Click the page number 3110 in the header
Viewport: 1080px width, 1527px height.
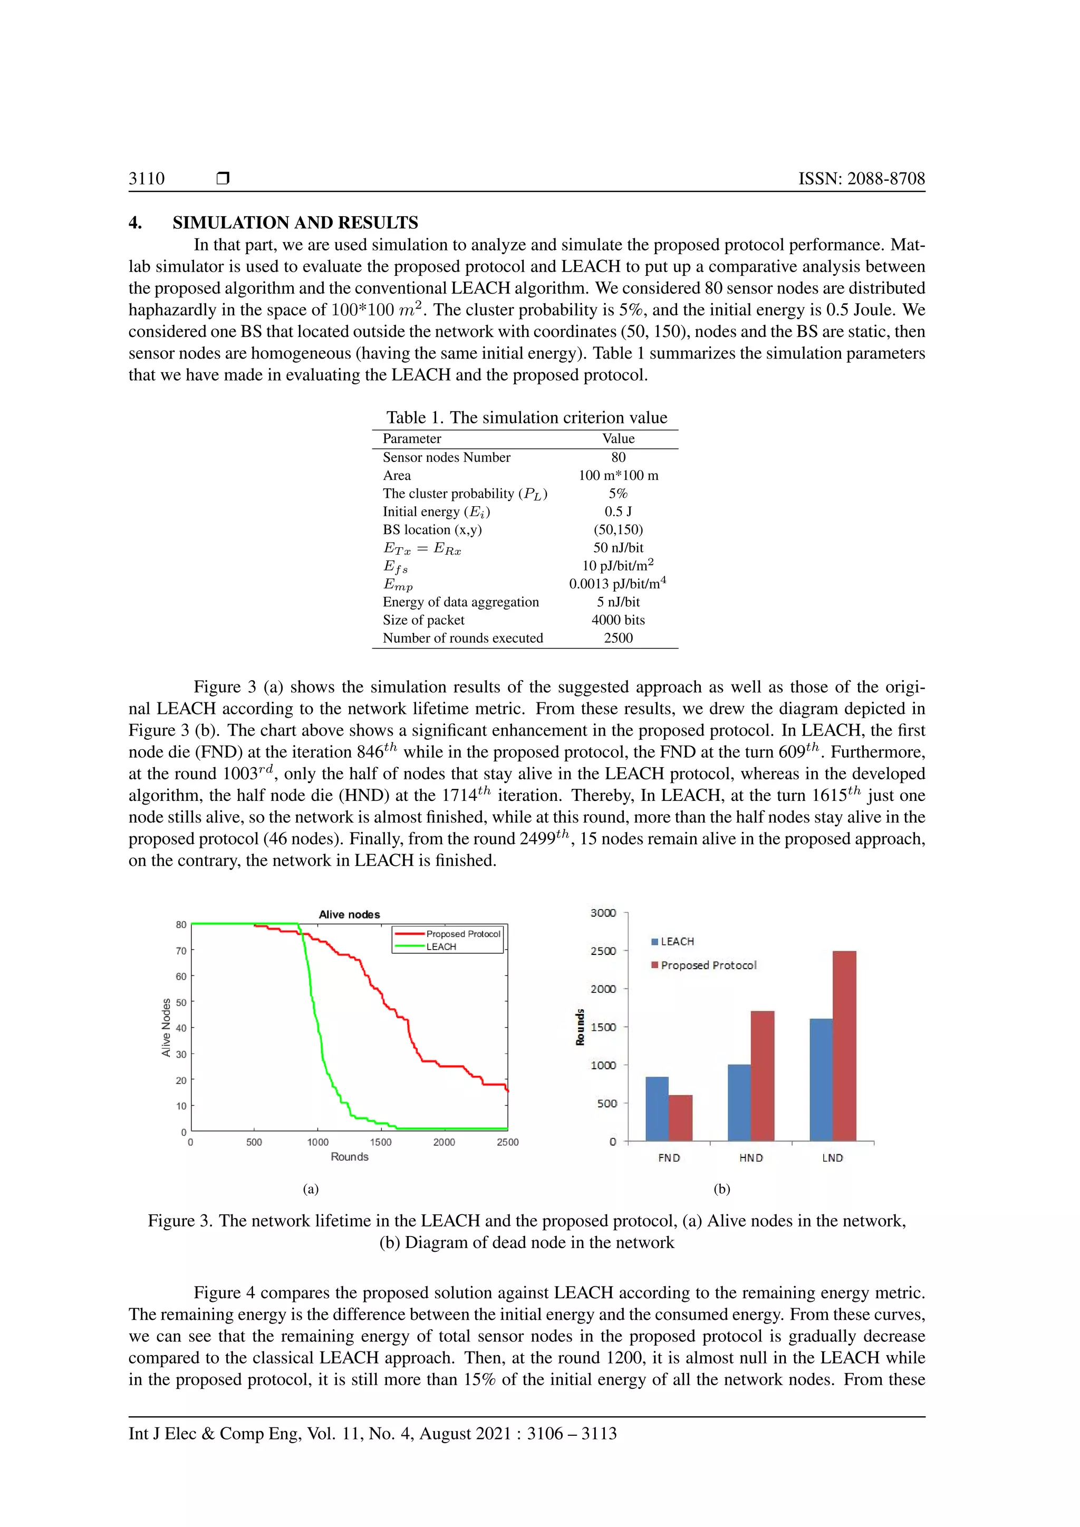pos(146,178)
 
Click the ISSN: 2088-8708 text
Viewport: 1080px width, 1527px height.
pos(861,178)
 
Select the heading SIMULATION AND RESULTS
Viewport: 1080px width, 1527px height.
pos(295,223)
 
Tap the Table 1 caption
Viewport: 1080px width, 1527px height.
pos(526,418)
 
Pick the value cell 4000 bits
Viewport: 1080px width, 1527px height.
pos(618,620)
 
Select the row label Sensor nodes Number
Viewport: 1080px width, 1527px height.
pos(446,458)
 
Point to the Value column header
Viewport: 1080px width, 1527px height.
pos(618,438)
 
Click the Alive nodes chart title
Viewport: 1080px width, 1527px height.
pos(349,914)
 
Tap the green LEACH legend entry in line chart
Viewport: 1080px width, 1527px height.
pos(441,946)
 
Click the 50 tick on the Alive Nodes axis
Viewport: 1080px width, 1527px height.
pos(181,1002)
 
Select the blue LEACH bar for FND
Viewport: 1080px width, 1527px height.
pos(657,1109)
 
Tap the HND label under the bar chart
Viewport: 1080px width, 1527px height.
pos(751,1158)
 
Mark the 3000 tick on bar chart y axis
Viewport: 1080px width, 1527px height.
pos(603,913)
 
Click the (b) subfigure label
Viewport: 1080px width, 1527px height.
pos(721,1189)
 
